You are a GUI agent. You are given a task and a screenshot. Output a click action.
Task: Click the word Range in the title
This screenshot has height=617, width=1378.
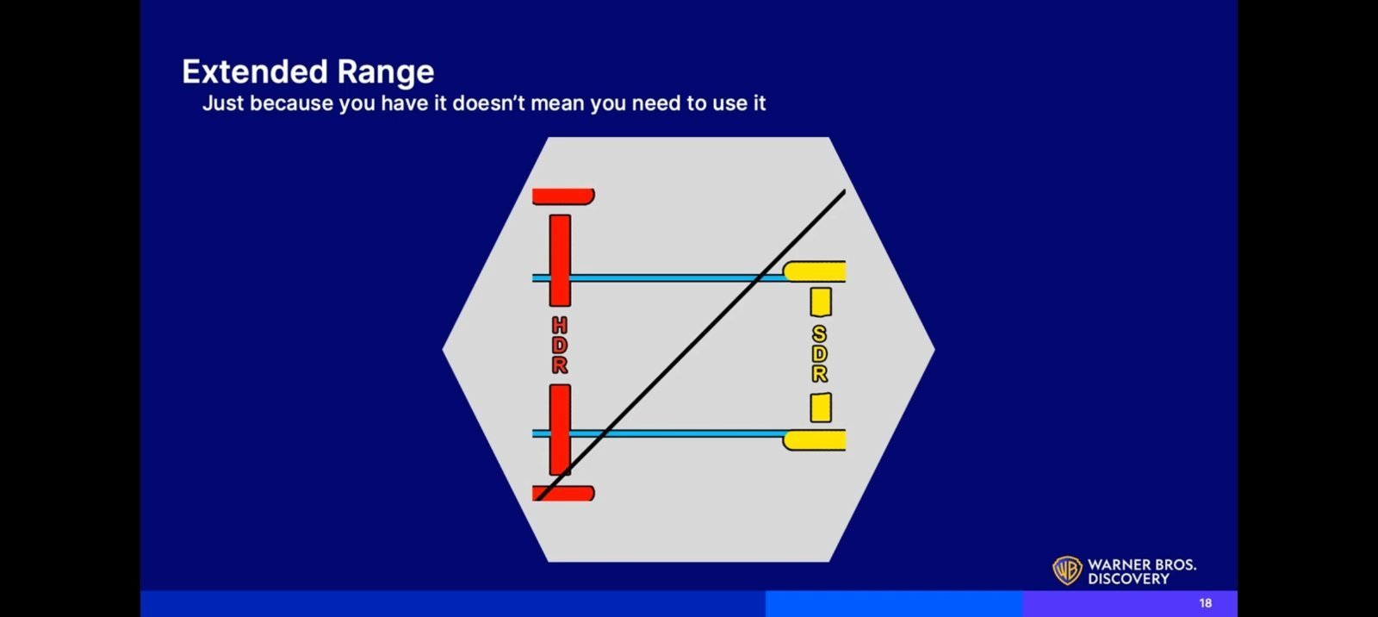(386, 73)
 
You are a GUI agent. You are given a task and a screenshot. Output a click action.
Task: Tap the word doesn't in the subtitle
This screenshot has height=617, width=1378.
(488, 103)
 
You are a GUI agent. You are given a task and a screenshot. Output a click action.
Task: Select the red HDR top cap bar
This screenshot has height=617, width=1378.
(563, 196)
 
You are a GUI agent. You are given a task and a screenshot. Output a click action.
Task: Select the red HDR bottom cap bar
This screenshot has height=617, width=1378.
(563, 493)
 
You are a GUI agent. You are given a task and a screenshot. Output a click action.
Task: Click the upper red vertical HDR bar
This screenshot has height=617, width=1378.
(560, 260)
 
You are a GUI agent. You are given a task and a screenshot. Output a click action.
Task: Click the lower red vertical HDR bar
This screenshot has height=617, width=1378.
(560, 430)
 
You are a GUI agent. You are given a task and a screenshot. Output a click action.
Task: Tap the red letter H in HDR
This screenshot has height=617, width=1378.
(560, 325)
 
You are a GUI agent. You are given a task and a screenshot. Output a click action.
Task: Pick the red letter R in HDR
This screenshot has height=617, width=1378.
(560, 365)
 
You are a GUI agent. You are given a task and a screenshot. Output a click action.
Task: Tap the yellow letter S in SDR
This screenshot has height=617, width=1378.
(819, 334)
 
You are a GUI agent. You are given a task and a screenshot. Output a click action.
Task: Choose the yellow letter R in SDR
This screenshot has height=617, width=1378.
(819, 374)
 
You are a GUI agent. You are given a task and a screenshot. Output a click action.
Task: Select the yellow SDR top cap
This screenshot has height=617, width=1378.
(814, 271)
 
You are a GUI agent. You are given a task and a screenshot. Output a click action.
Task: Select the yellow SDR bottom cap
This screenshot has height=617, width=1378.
(814, 440)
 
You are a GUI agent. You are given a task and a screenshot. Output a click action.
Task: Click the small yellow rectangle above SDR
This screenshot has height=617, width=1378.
(821, 302)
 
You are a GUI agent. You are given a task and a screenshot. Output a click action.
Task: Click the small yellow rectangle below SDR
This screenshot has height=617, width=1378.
(821, 408)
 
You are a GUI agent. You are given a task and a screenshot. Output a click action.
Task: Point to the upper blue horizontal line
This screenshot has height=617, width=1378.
(658, 278)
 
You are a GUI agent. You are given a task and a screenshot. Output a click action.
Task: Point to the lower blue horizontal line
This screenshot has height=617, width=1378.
(658, 434)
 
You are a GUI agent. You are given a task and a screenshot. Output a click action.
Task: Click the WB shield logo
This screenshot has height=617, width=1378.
(1067, 570)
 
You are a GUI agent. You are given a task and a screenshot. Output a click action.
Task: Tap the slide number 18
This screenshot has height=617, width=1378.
(1205, 603)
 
